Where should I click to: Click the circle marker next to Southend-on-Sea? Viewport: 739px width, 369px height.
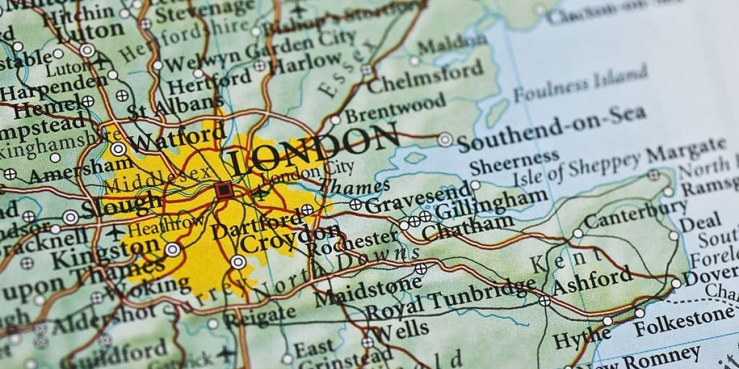[445, 140]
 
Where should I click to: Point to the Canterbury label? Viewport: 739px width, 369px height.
[635, 213]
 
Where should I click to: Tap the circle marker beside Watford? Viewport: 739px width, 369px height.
[118, 149]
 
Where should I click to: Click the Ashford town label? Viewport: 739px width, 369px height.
[592, 281]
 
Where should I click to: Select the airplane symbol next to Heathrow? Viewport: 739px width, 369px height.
[115, 233]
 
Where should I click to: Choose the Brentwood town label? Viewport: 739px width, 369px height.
[394, 107]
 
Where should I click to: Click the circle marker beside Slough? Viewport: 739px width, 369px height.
[71, 217]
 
